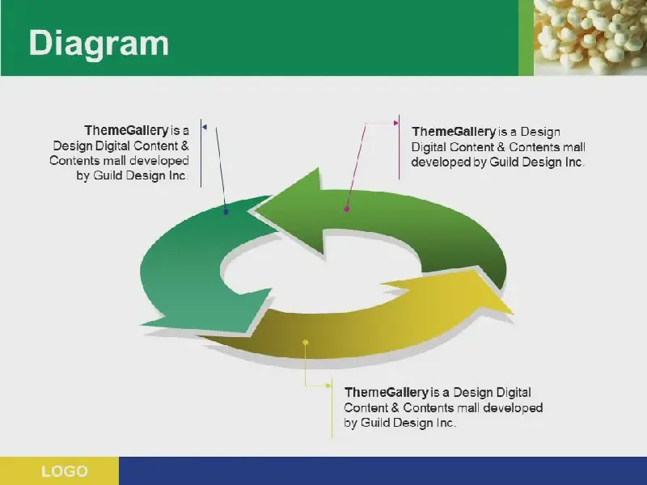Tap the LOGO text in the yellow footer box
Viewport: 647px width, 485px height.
(65, 471)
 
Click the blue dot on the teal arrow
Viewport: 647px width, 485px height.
(226, 212)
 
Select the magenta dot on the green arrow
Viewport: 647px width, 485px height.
(347, 209)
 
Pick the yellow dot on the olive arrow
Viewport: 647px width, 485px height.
(306, 342)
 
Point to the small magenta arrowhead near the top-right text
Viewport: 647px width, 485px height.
(396, 123)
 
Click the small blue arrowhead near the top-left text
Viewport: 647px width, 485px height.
(205, 127)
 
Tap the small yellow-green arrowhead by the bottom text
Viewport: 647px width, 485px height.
(328, 386)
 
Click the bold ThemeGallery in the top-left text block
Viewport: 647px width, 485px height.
(127, 130)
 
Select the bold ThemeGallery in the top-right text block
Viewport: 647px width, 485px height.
(454, 132)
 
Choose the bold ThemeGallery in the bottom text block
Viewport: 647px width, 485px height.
(387, 392)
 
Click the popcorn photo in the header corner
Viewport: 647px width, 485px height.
(590, 37)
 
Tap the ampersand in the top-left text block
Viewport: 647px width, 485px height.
(185, 145)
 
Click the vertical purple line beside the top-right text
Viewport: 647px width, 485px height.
(399, 147)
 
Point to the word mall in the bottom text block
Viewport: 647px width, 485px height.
(469, 407)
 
